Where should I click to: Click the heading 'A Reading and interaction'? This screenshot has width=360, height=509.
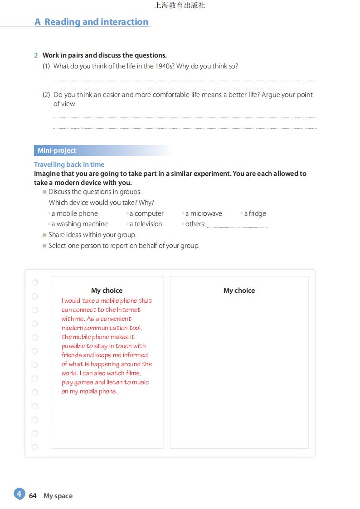pos(92,22)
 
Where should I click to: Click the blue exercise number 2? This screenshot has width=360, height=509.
pos(36,55)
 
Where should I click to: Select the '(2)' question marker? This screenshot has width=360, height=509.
pos(46,95)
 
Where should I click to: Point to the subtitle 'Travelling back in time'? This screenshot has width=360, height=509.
pos(69,165)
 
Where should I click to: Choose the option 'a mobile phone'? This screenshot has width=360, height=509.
pos(74,213)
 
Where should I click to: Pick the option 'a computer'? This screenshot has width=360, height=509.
pos(146,213)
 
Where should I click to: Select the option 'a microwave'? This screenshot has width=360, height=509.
pos(204,213)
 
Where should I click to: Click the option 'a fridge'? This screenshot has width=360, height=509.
pos(255,213)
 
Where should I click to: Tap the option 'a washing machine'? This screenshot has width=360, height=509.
pos(79,224)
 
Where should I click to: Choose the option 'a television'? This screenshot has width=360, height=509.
pos(146,224)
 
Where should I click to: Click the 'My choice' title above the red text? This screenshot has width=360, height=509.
pos(107,291)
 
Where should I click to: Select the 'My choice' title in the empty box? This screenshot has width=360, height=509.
pos(239,291)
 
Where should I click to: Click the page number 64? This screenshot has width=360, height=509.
pos(33,496)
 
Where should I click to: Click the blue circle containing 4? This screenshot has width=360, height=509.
pos(19,494)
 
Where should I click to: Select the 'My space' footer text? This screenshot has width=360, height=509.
pos(58,496)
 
